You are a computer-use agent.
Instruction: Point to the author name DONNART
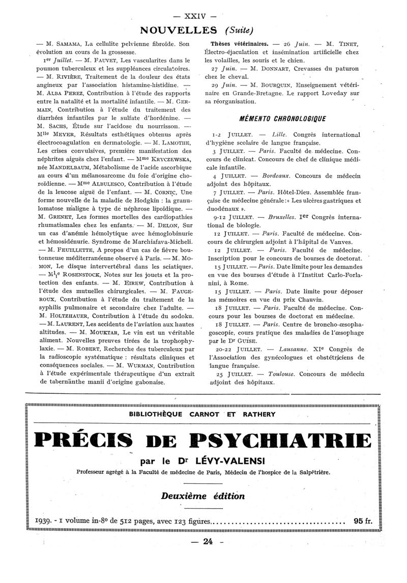(267, 68)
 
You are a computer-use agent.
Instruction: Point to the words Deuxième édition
(203, 495)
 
